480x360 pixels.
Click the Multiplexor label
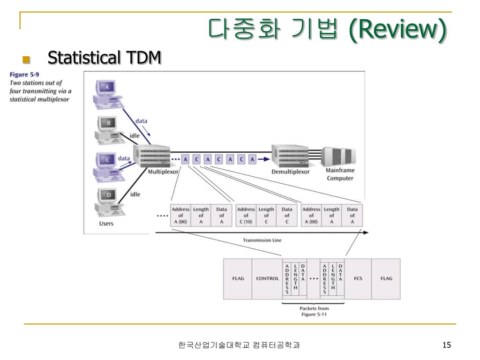coord(161,172)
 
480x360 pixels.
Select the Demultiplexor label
coord(291,172)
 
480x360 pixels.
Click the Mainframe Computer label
coord(340,175)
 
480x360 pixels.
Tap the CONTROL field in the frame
coord(267,278)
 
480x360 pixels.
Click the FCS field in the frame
coord(358,278)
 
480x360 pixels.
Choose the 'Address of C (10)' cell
coord(246,216)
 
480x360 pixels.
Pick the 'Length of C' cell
coord(266,216)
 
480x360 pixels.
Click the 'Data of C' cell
coord(287,216)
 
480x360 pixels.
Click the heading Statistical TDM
coord(105,58)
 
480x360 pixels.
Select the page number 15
coord(446,345)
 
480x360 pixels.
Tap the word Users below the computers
coord(106,224)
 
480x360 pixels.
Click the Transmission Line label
coord(262,240)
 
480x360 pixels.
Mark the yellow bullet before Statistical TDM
coord(26,60)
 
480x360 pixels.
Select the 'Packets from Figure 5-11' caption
coord(314,311)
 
